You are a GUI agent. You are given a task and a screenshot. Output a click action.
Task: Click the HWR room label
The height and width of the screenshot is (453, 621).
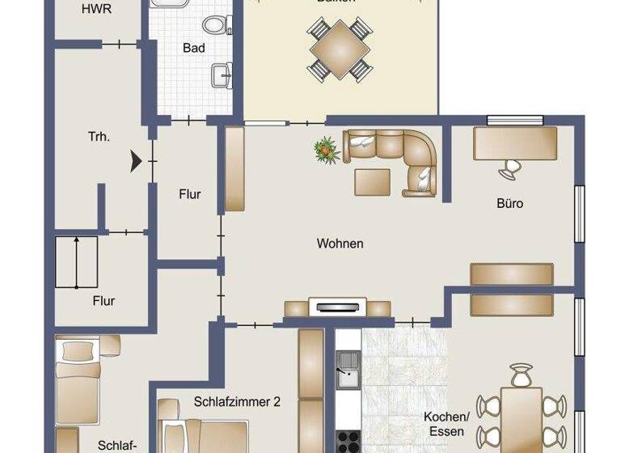pos(97,10)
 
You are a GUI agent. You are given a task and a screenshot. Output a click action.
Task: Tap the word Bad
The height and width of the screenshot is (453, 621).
pos(194,49)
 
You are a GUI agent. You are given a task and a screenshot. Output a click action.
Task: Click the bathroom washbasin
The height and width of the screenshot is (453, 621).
pos(220,76)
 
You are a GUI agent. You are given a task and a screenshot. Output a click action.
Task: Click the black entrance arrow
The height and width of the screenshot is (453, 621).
pos(136,161)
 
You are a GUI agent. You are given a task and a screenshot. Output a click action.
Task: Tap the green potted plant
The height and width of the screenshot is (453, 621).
pos(326,149)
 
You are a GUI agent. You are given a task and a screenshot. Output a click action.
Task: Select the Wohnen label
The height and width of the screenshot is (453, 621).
pos(340,243)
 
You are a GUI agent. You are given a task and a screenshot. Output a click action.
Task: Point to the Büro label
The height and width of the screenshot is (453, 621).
pos(509,204)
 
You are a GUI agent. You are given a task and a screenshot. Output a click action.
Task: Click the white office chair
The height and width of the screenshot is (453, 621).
pos(511,168)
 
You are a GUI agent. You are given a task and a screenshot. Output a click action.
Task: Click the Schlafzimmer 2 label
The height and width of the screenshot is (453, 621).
pos(237,400)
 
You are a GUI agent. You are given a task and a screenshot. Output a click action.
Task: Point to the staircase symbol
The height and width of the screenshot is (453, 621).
pos(76,261)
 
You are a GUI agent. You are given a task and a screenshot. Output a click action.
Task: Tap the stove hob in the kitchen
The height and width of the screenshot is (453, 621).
pos(349,442)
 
